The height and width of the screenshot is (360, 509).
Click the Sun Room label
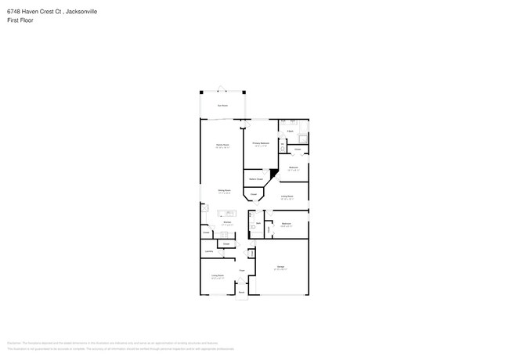[222, 105]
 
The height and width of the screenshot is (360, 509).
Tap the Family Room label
[222, 146]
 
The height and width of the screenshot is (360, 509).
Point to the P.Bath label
[290, 131]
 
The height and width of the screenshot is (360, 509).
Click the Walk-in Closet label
[256, 179]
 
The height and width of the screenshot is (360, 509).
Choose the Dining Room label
[223, 190]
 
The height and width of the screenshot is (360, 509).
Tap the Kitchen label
[226, 223]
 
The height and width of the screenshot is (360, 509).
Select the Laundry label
[209, 251]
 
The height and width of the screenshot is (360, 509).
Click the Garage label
[280, 268]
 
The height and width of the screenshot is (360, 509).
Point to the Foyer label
[243, 271]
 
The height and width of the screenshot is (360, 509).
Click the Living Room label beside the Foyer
[217, 275]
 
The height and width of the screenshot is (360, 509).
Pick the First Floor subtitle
[16, 21]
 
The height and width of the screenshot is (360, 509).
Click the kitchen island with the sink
[230, 214]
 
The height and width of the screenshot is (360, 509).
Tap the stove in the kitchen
[204, 208]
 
